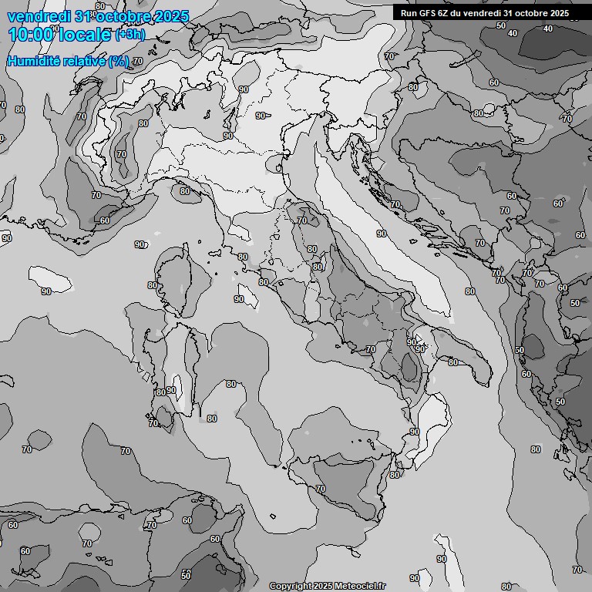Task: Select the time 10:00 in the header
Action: (31, 34)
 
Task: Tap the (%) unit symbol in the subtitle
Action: (118, 61)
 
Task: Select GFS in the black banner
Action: (429, 13)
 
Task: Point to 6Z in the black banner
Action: (446, 13)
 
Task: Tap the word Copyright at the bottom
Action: (291, 586)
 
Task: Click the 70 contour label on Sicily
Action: (321, 489)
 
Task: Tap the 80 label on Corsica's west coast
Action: (153, 285)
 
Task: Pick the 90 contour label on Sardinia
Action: (171, 390)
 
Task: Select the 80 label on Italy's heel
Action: (453, 362)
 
